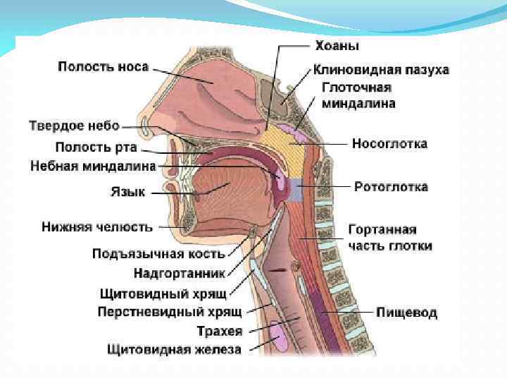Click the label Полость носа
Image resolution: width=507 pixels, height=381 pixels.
tap(103, 67)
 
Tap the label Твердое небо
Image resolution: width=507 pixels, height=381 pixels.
tap(74, 126)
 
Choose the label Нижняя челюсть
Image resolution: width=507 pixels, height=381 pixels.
tap(96, 227)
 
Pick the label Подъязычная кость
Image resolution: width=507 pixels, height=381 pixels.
tap(159, 254)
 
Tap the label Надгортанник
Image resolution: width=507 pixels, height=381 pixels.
tap(180, 272)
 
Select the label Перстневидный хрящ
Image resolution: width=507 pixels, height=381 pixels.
tap(170, 312)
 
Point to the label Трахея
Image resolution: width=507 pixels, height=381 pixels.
tap(220, 330)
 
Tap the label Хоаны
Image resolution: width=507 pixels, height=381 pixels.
tap(336, 47)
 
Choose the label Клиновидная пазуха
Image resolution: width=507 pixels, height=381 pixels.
tap(381, 70)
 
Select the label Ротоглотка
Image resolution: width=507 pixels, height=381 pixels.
tap(390, 188)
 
